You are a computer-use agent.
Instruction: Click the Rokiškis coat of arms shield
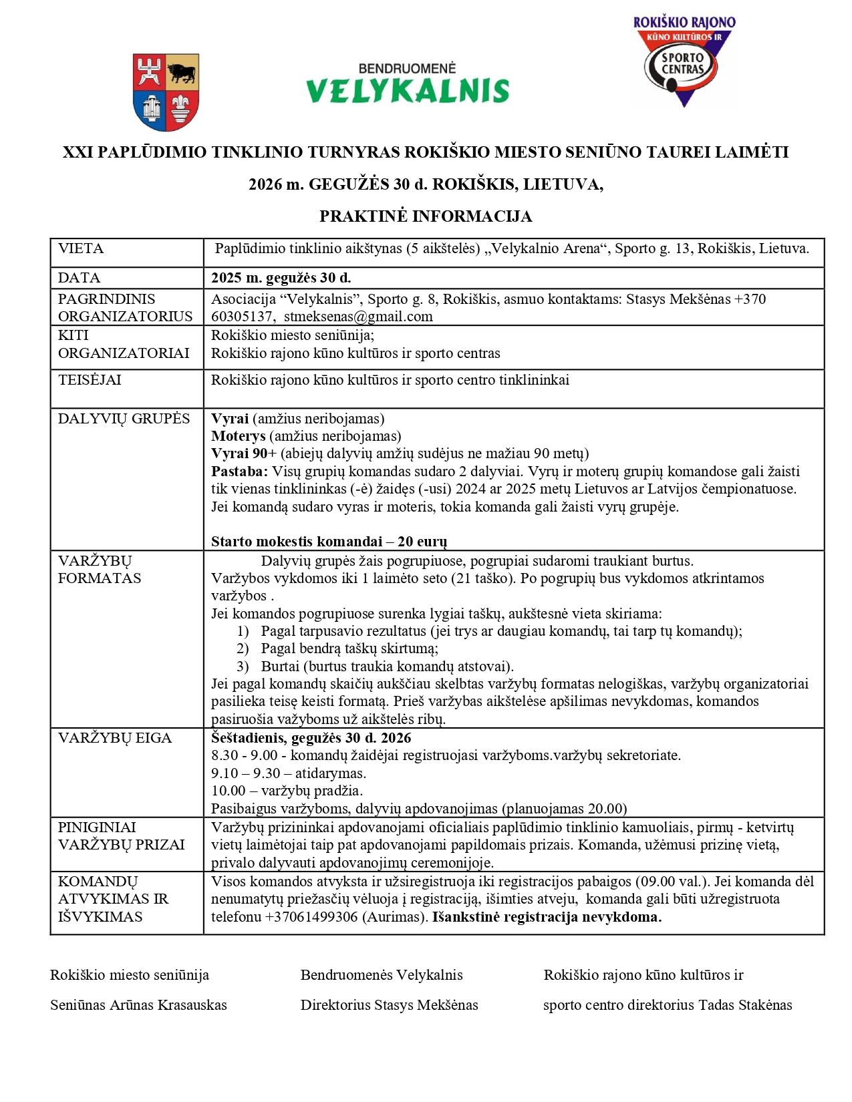coord(166,91)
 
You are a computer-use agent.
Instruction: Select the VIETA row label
coord(81,249)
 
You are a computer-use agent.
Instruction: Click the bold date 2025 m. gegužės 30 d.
coord(281,278)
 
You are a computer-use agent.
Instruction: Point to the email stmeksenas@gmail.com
coord(358,317)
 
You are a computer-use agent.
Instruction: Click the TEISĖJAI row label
coord(90,380)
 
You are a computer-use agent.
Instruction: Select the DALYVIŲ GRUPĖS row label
coord(124,419)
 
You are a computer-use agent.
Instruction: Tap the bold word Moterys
coord(239,436)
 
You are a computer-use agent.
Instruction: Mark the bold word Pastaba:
coord(239,472)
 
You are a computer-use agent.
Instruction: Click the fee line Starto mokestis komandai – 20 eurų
coord(329,541)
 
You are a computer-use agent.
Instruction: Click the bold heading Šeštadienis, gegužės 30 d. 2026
coord(311,738)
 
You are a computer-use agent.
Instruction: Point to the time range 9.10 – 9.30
coord(246,773)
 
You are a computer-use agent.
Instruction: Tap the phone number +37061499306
coord(311,917)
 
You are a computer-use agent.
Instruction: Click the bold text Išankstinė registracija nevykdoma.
coord(547,917)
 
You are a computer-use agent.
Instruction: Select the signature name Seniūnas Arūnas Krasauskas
coord(138,1005)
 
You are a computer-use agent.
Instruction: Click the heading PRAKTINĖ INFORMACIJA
coord(426,216)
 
